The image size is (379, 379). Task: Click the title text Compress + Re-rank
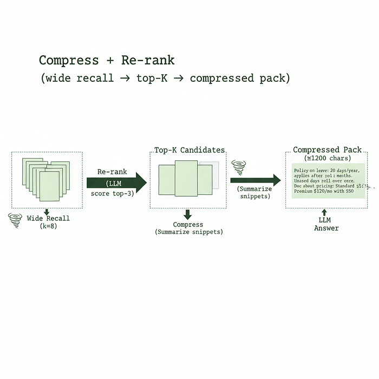107,60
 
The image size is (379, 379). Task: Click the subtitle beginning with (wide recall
165,79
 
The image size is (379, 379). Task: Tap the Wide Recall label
48,218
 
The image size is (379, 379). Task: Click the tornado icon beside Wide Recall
14,220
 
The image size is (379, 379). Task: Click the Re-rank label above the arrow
112,171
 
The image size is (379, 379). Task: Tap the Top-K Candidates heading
190,150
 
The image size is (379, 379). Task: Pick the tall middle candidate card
186,178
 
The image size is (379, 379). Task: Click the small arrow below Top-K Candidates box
188,214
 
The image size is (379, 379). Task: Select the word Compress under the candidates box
188,224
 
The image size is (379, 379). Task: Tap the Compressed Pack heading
327,150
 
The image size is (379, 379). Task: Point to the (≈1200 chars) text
327,158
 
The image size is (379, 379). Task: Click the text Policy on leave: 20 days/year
327,171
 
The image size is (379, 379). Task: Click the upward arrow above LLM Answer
324,213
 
